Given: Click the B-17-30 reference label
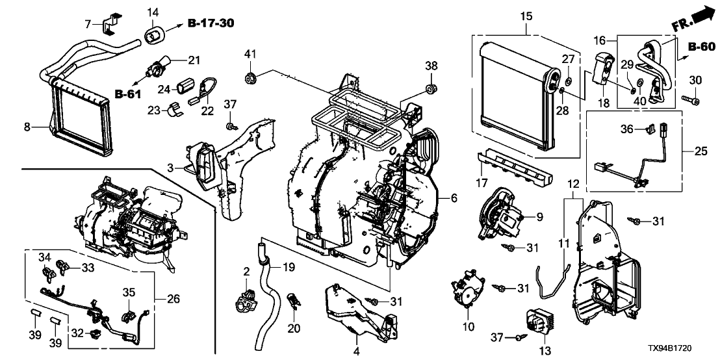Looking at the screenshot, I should tap(211, 24).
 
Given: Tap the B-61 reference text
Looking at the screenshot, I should tap(128, 96).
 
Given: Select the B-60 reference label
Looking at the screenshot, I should tap(701, 47).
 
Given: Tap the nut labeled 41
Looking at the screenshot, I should tap(249, 79).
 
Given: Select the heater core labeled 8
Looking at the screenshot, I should tap(77, 112).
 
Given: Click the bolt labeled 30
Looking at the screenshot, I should tap(690, 100).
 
